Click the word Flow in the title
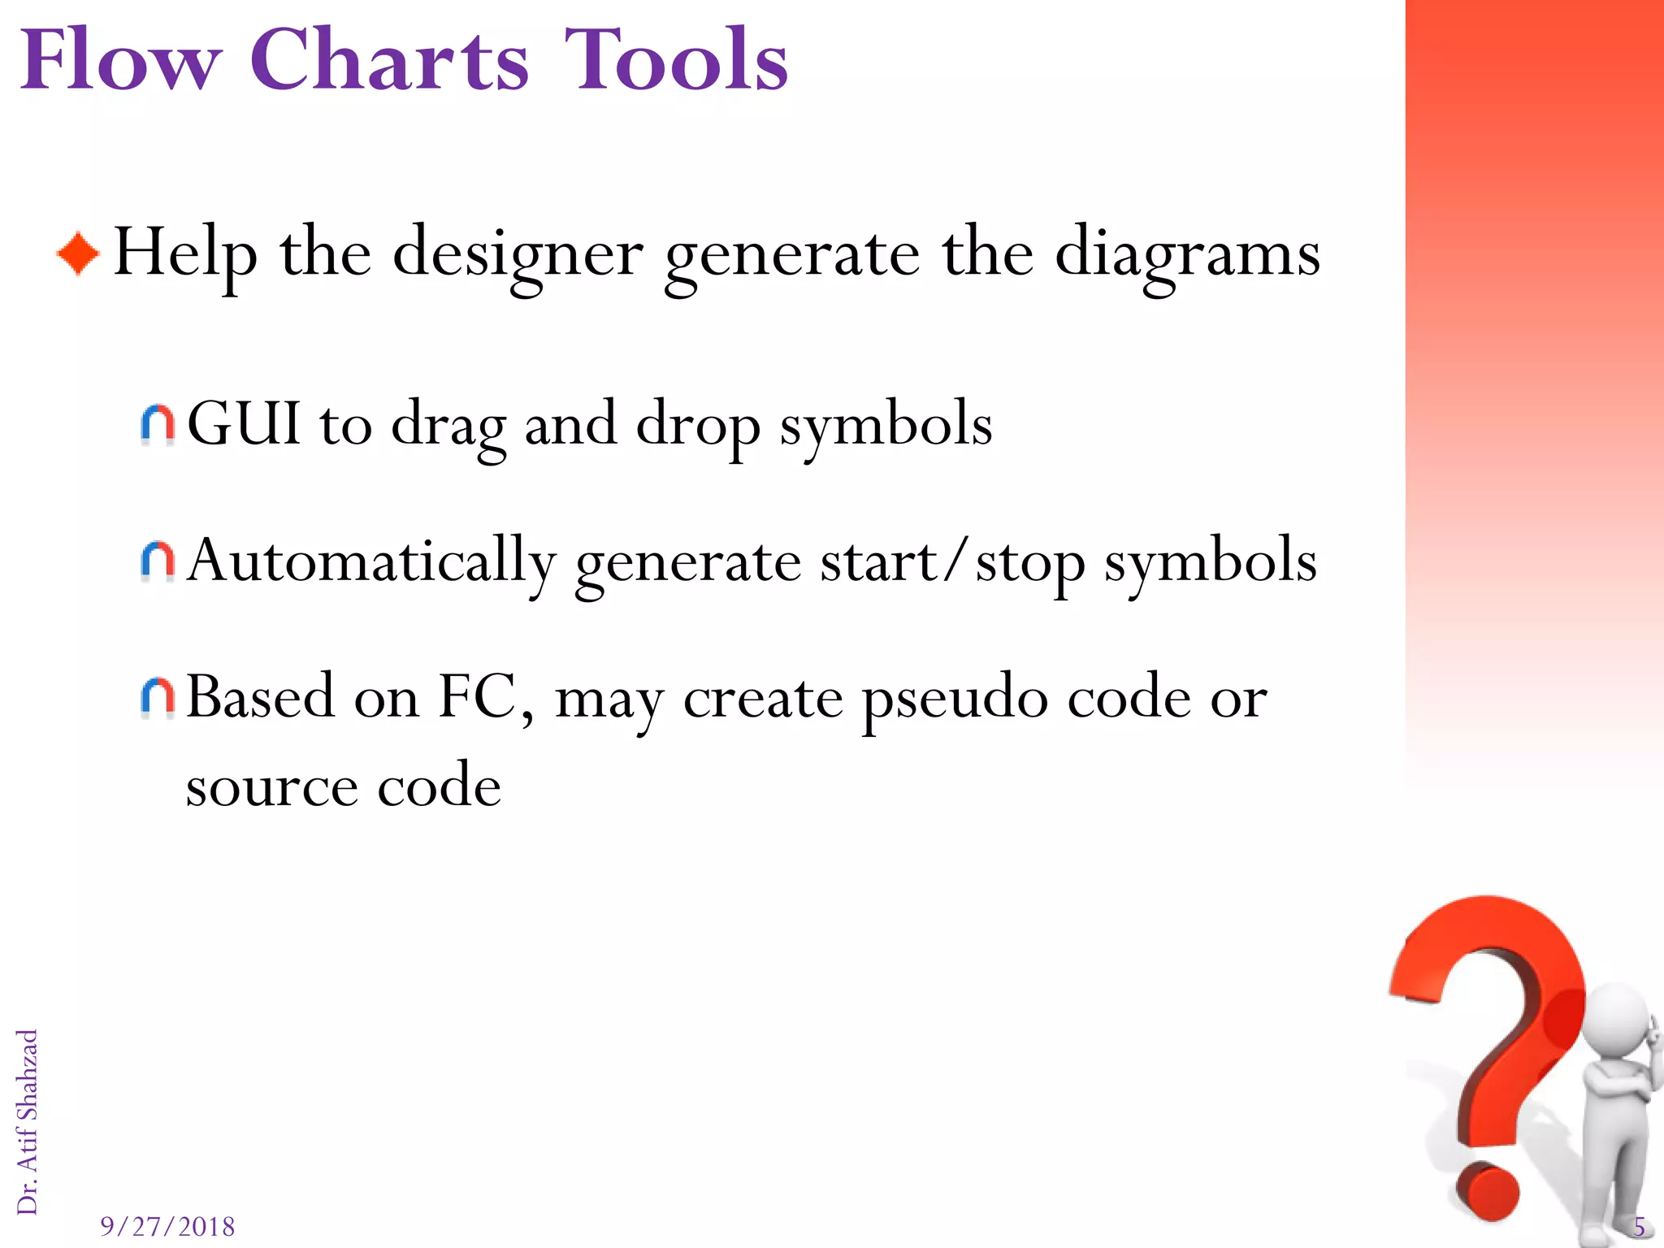[x=120, y=60]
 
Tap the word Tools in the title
[x=676, y=60]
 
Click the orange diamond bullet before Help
[x=78, y=254]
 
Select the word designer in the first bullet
[x=518, y=254]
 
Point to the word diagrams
[x=1187, y=254]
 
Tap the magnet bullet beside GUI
[x=158, y=425]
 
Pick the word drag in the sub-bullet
[x=448, y=427]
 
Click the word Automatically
[x=371, y=561]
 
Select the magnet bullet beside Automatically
[x=158, y=561]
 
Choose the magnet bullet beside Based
[x=158, y=697]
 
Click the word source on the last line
[x=271, y=786]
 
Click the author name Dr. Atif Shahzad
[x=28, y=1121]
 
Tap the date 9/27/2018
[x=167, y=1226]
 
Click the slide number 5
[x=1639, y=1226]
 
